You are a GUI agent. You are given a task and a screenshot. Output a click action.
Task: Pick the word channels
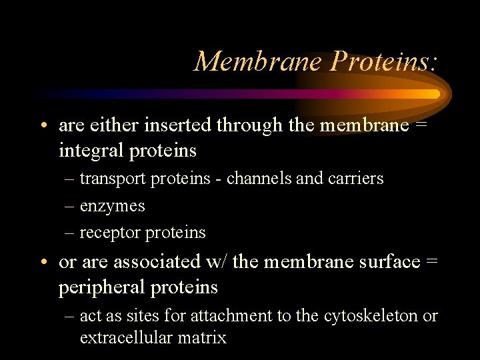259,179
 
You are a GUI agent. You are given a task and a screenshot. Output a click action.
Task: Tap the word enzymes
112,206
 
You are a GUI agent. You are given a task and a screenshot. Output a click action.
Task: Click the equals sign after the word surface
431,262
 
